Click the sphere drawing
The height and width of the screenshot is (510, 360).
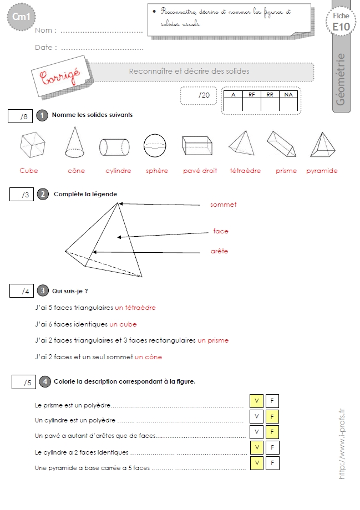[155, 145]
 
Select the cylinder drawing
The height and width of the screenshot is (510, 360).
[114, 147]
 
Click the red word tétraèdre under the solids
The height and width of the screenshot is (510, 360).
[245, 171]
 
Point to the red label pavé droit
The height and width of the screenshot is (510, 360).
[200, 171]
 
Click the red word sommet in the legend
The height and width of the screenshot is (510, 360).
[224, 205]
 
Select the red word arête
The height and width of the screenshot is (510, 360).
[220, 251]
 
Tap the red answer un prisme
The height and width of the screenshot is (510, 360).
[213, 340]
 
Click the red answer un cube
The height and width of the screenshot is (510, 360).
[123, 324]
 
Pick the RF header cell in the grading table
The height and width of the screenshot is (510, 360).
[252, 95]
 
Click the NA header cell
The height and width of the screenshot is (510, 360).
[288, 95]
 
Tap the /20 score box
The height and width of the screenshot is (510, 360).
[199, 95]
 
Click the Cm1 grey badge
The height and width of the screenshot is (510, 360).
[21, 17]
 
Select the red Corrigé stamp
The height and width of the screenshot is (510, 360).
[61, 76]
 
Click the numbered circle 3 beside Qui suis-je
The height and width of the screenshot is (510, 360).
[43, 290]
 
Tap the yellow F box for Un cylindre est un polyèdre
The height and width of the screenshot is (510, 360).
[272, 417]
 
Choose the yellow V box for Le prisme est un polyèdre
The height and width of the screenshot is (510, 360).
[256, 401]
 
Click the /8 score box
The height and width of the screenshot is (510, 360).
[20, 116]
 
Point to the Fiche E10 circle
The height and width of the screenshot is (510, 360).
[341, 22]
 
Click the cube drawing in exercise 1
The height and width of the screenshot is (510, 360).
[33, 145]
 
